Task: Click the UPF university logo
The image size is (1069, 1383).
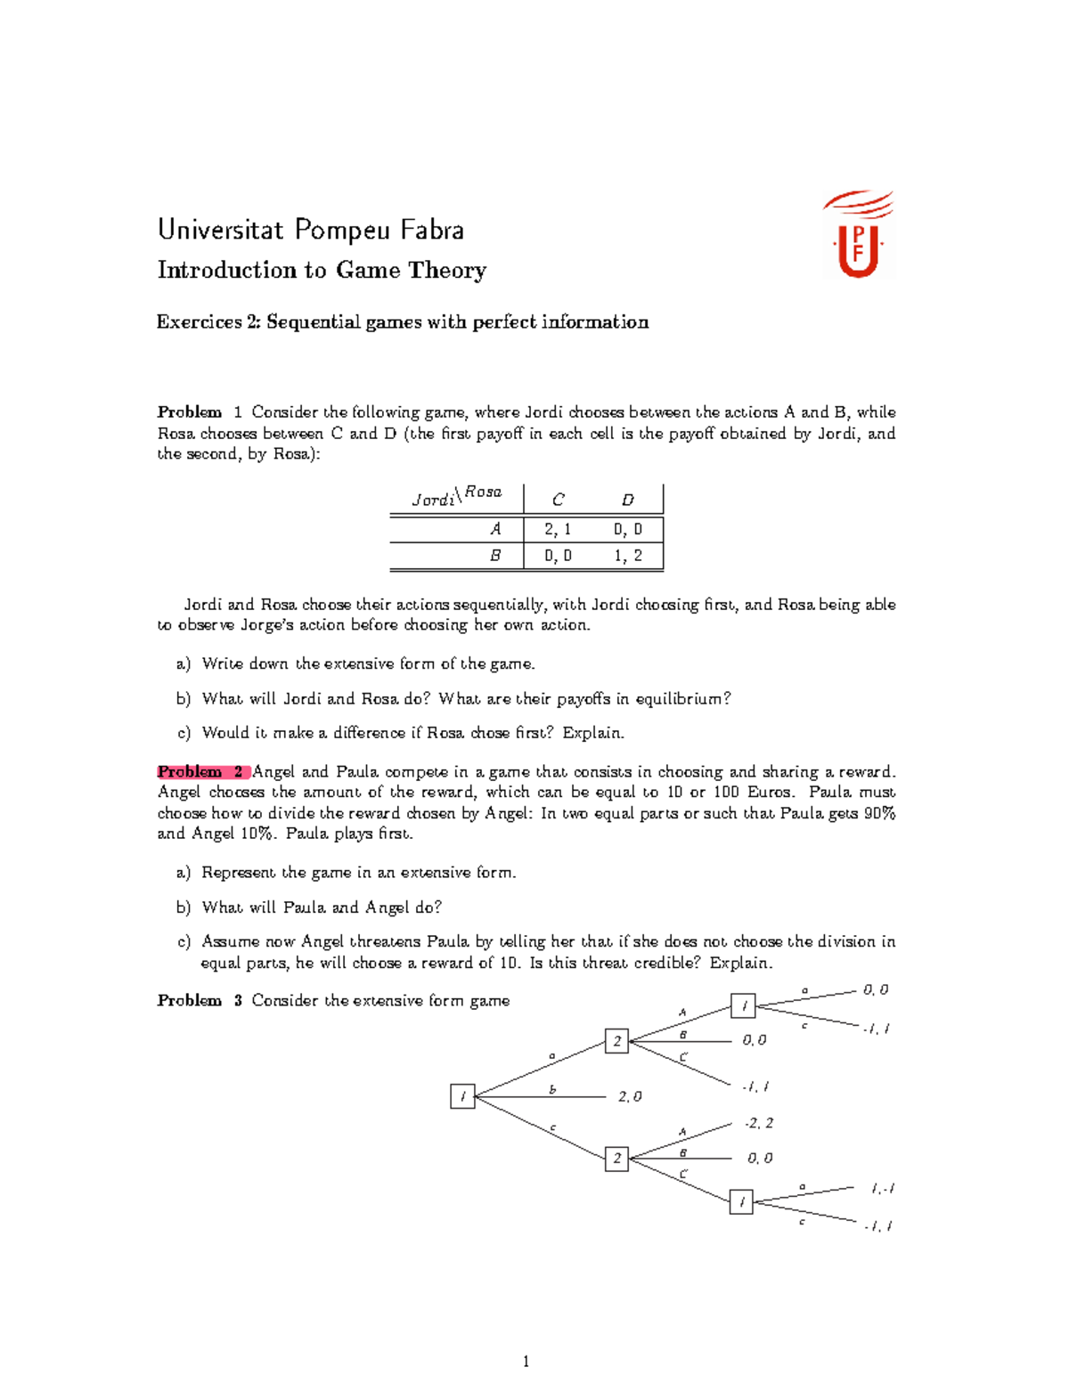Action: [859, 235]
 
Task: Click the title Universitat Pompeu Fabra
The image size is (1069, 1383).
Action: [310, 230]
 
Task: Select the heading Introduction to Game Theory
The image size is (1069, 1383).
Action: [322, 270]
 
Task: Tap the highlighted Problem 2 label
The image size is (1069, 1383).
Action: [202, 771]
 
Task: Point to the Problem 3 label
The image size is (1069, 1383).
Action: [200, 1000]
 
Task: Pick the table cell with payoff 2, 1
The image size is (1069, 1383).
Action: [558, 529]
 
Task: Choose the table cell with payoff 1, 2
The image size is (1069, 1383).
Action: [627, 556]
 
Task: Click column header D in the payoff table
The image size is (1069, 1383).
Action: [627, 500]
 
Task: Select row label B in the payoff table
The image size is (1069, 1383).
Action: [495, 556]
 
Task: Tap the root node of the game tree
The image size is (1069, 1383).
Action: [462, 1097]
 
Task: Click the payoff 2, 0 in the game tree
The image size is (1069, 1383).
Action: [630, 1097]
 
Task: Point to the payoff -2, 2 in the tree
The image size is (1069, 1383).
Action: [759, 1123]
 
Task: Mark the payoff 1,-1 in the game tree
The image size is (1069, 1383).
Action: [883, 1188]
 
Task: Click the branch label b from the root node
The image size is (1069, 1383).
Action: [552, 1089]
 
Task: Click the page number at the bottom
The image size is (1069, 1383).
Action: [526, 1361]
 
